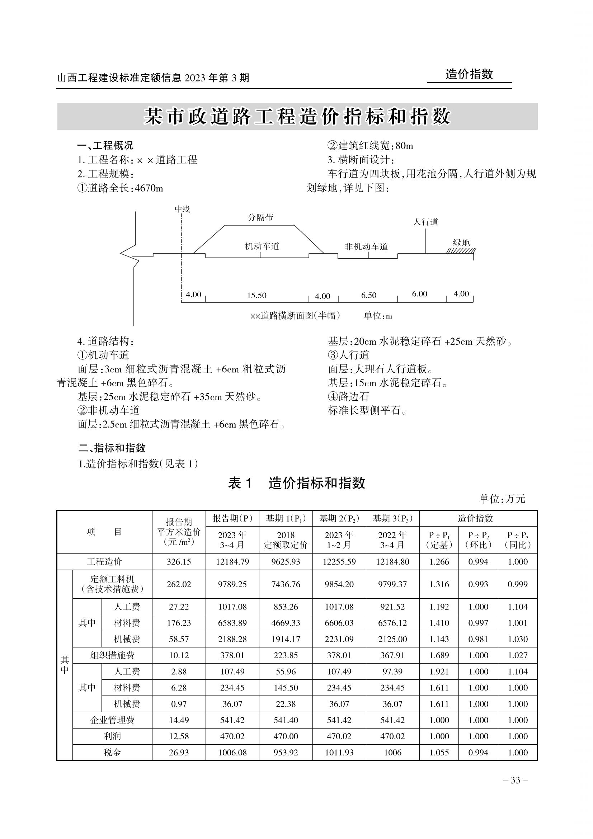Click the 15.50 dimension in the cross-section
point(257,295)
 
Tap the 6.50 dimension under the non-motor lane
point(368,295)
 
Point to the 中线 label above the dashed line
point(182,209)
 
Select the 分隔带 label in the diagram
point(260,217)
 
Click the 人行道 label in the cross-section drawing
point(425,222)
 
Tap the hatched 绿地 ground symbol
point(461,251)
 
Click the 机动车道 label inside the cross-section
point(262,246)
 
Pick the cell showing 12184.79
point(232,562)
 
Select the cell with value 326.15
point(179,562)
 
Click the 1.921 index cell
point(439,671)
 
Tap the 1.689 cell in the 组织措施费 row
point(439,655)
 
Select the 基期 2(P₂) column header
point(339,518)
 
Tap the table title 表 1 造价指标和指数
point(296,483)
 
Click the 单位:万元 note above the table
point(502,499)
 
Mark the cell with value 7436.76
point(286,584)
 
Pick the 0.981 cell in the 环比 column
point(478,639)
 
